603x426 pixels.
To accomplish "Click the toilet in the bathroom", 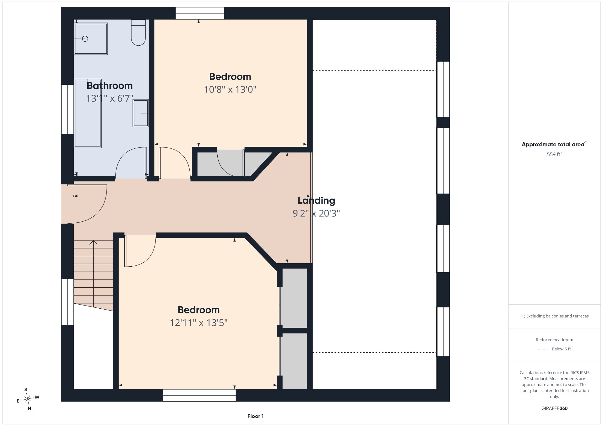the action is [138, 33].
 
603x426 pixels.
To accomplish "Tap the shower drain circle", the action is [85, 39].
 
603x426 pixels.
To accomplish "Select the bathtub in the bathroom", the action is [88, 113].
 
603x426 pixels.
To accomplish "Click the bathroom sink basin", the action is [141, 113].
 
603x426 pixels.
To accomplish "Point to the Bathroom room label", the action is [110, 86].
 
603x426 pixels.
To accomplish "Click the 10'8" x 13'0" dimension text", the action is [230, 90].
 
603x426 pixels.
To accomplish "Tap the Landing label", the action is [316, 200].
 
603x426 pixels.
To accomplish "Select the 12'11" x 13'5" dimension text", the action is [198, 323].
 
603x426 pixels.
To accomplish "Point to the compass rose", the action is [28, 399].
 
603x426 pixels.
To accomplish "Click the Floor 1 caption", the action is [255, 416].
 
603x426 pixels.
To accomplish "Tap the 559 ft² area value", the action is [554, 154].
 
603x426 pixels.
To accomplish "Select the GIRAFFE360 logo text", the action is [554, 408].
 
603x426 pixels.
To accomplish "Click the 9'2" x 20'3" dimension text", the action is [316, 214].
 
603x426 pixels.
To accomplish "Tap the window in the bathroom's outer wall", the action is [67, 109].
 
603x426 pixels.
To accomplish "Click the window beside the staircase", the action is [67, 302].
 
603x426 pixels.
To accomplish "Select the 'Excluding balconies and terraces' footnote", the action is [554, 316].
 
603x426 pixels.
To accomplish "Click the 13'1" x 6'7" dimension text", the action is [110, 99].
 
